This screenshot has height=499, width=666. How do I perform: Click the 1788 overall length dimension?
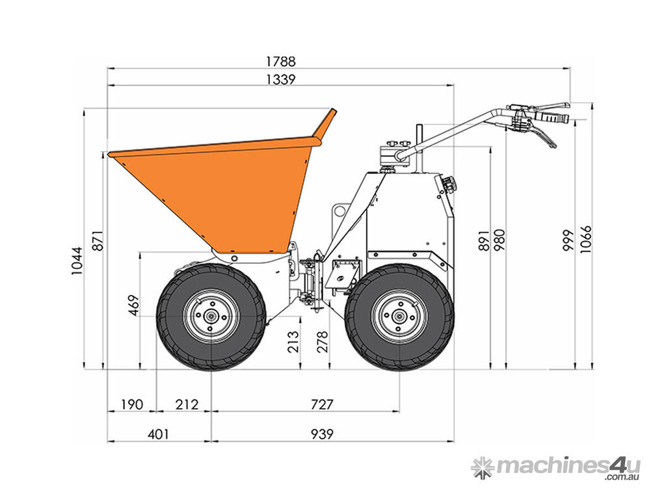point(280,62)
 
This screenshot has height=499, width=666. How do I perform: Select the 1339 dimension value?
point(280,79)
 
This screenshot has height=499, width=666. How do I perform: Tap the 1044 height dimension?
point(77,261)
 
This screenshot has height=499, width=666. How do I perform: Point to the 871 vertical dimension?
point(98,240)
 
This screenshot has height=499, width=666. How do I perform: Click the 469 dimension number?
point(134,305)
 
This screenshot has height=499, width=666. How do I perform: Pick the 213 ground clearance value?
point(293,342)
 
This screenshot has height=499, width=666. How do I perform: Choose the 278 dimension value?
point(323,342)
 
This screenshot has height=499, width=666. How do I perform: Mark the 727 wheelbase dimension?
point(322,404)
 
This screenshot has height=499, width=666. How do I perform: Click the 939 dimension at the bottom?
point(322,434)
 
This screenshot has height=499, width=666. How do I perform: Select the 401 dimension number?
point(158,434)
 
